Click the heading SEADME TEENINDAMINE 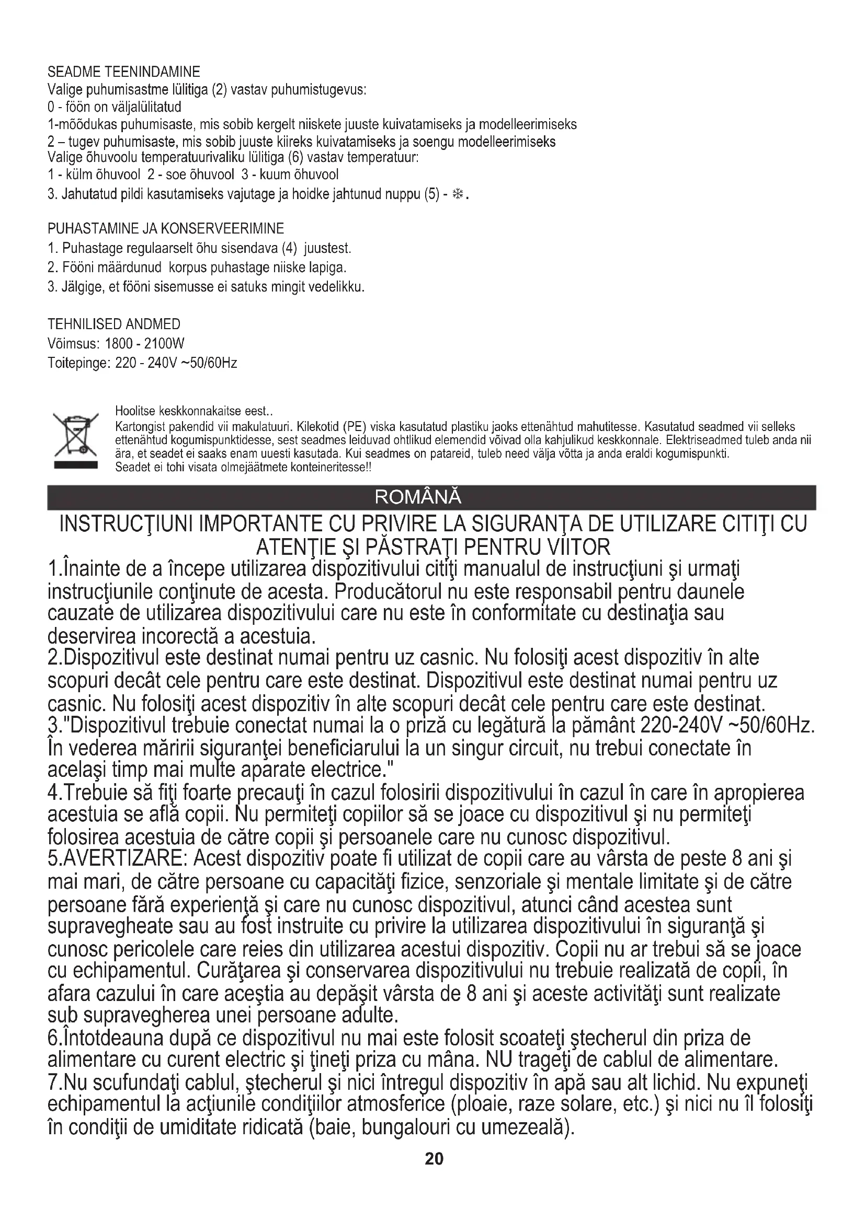123,72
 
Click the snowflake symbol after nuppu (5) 457,194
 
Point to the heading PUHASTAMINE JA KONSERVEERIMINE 166,229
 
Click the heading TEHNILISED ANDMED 114,324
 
